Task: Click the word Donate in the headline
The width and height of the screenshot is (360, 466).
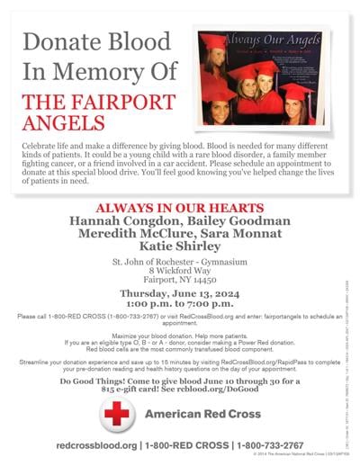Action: (x=58, y=41)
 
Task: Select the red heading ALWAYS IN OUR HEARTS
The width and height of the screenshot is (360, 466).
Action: (x=179, y=206)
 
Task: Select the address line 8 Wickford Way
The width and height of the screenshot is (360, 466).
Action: (x=179, y=271)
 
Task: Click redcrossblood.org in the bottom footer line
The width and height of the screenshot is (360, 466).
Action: (x=95, y=445)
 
